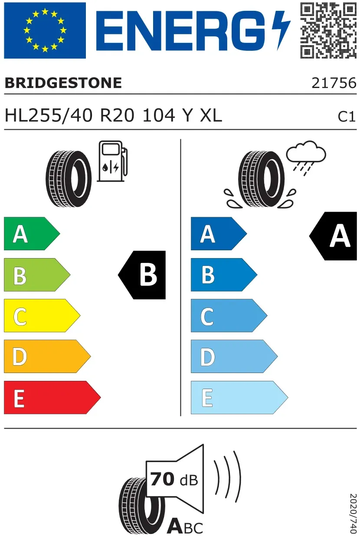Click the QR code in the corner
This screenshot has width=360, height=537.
point(328,30)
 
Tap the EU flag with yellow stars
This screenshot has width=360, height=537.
point(45,30)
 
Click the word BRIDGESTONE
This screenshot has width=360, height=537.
point(63,83)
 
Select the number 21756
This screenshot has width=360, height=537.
point(334,83)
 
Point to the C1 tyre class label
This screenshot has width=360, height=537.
point(347,117)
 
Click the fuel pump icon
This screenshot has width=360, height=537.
point(112,161)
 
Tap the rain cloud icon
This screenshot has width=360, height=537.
point(306,158)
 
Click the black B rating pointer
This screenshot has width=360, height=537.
point(142,275)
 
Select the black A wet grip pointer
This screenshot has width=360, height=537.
point(333,236)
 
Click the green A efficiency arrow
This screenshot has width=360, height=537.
point(32,233)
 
